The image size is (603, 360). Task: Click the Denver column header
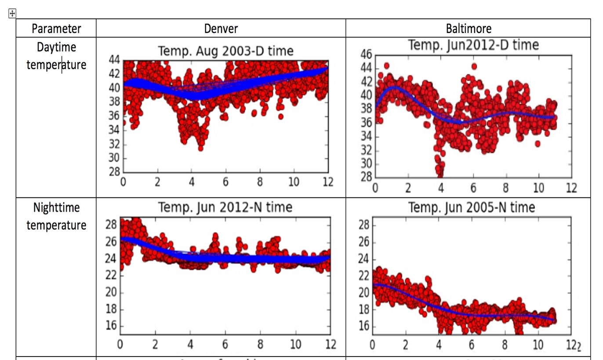coord(221,29)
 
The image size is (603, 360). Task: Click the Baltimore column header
coord(469,29)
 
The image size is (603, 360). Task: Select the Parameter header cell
coord(56,29)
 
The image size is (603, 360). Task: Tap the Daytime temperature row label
coord(56,56)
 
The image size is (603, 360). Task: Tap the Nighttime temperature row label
coord(56,216)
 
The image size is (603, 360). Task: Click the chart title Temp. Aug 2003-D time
coord(225,51)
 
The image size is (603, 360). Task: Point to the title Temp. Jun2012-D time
coord(473,45)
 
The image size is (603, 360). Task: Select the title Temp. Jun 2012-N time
coord(225,207)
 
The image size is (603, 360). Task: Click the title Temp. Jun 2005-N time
coord(472,207)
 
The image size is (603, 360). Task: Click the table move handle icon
coord(12,14)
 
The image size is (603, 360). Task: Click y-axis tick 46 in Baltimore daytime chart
coord(366,55)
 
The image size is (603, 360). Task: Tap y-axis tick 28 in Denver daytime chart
coord(114,172)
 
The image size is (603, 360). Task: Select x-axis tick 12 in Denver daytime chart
coord(327,182)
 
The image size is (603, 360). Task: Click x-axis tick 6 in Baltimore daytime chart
coord(473,188)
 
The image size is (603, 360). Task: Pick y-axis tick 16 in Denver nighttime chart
coord(112,326)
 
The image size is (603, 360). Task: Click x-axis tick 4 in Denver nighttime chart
coord(190,344)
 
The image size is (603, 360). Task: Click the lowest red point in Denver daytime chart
coord(200,148)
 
